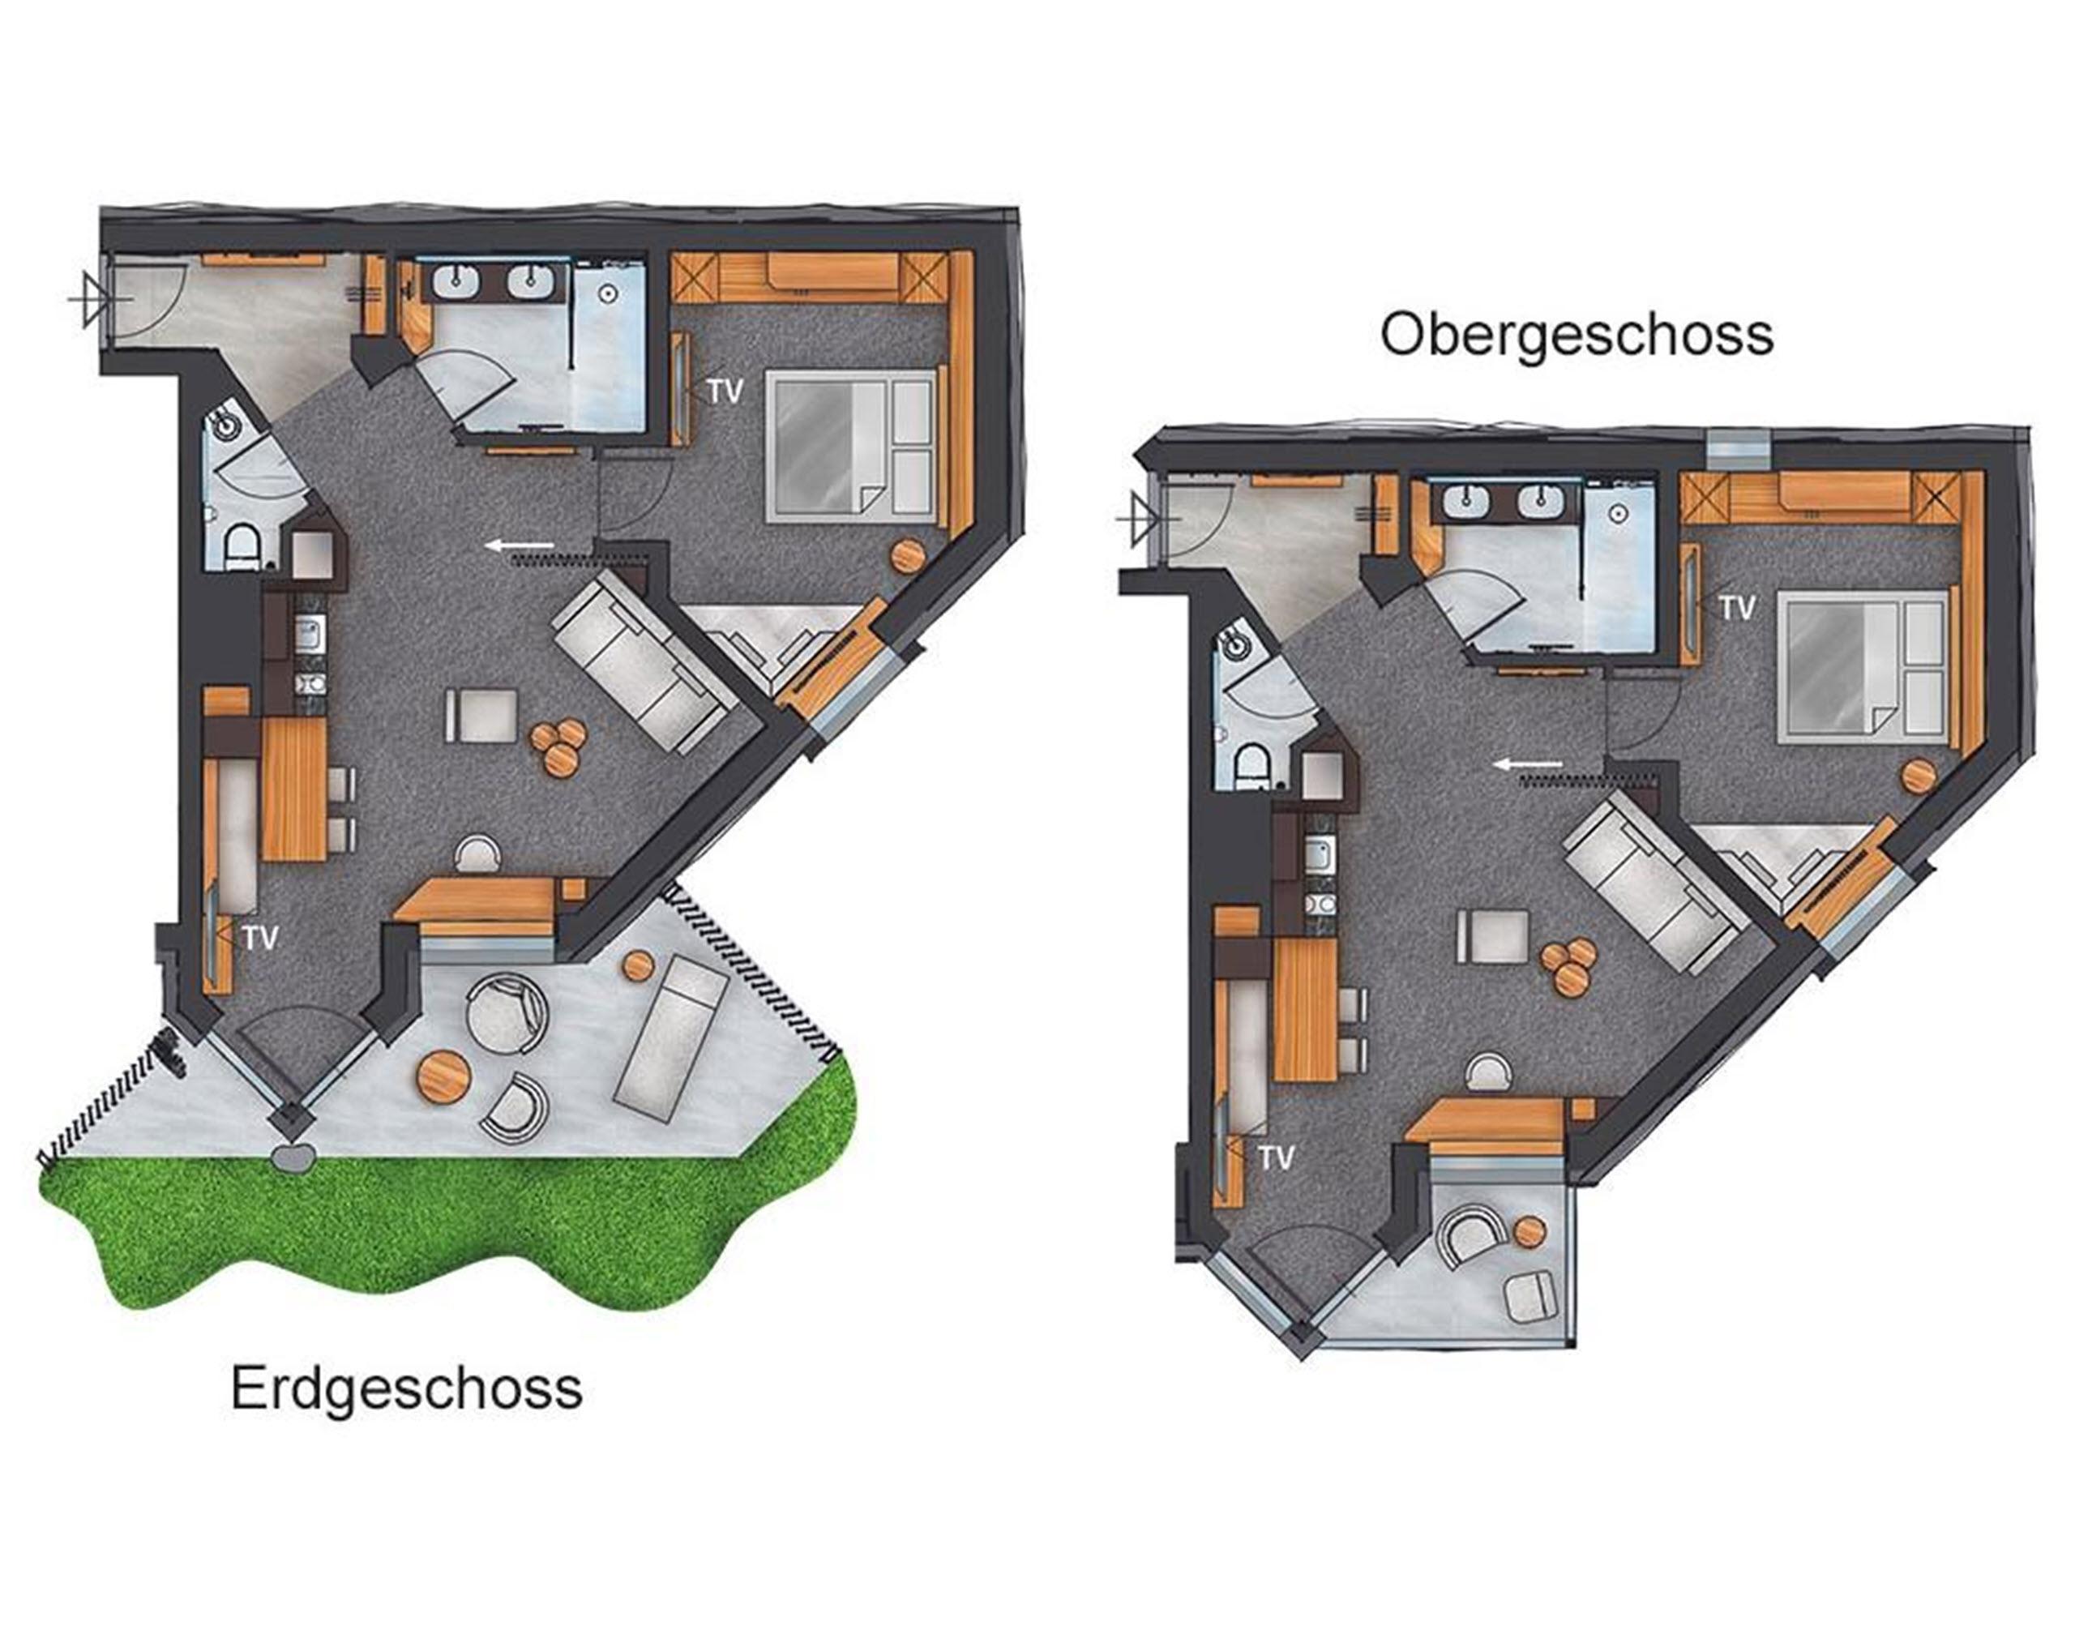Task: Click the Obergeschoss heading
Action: pyautogui.click(x=1577, y=335)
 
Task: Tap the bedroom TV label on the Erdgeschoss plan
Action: pyautogui.click(x=724, y=391)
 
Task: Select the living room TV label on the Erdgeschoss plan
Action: pyautogui.click(x=259, y=937)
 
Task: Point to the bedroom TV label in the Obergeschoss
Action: pyautogui.click(x=1736, y=607)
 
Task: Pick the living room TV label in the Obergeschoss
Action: pyautogui.click(x=1276, y=1157)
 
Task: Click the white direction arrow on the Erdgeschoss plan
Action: pyautogui.click(x=520, y=545)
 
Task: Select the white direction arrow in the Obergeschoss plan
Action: pyautogui.click(x=1529, y=764)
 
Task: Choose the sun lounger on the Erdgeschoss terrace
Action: pyautogui.click(x=673, y=1032)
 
